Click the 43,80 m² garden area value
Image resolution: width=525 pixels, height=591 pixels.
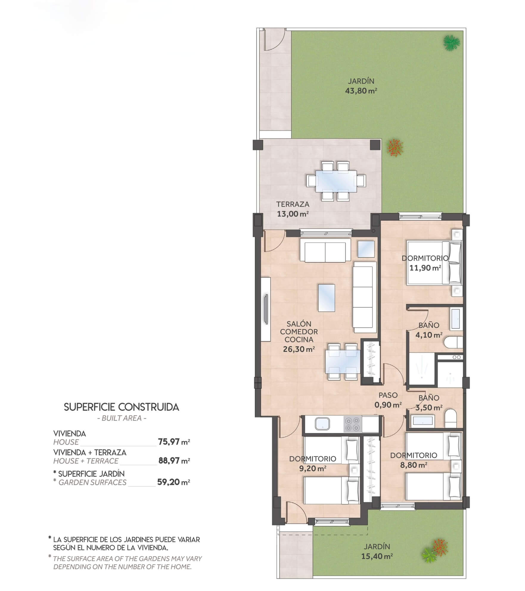361,91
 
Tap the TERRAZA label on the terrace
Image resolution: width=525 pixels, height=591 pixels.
293,204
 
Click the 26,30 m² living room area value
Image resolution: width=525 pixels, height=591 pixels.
299,349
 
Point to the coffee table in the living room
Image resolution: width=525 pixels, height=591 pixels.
327,298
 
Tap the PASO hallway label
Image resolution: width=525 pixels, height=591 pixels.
388,395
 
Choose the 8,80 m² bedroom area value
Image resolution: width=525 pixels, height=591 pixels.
414,465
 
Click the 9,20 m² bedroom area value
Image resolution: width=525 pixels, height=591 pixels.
313,468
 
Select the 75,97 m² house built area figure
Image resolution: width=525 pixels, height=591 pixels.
174,442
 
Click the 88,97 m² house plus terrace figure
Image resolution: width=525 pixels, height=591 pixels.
174,461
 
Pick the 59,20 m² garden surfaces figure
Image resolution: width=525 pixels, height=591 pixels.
174,482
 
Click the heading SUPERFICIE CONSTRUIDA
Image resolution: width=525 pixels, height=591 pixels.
122,407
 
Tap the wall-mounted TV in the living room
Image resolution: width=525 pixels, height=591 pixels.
266,310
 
